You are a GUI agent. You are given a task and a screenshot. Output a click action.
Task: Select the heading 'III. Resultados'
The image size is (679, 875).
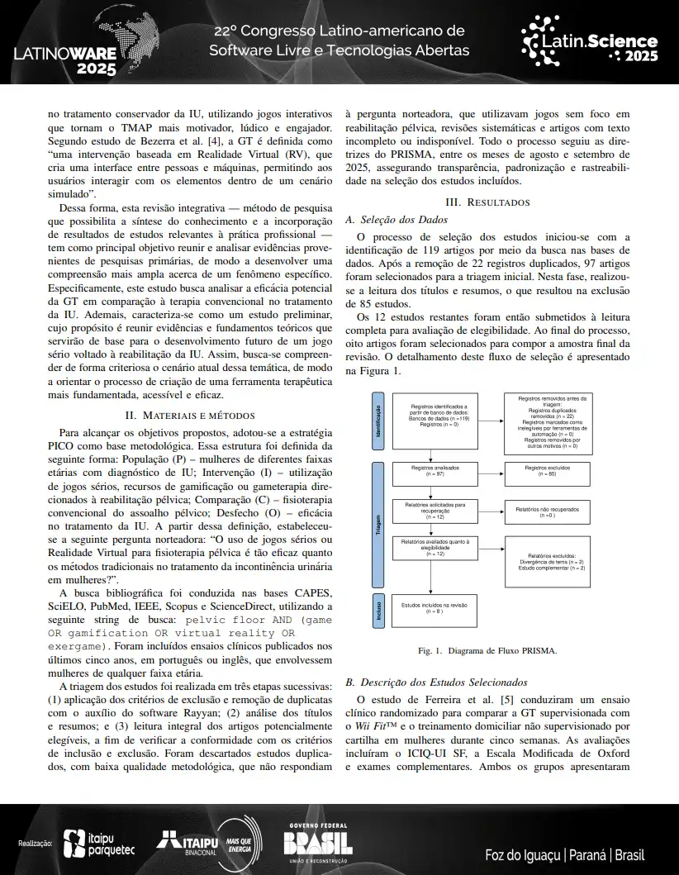(487, 202)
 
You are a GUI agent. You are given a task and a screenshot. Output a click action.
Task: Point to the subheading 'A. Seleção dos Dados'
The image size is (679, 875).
(396, 220)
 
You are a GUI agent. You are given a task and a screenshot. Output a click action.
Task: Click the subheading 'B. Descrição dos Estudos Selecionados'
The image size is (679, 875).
(436, 682)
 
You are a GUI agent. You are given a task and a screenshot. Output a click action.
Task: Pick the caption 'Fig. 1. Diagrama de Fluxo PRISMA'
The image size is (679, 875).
(487, 650)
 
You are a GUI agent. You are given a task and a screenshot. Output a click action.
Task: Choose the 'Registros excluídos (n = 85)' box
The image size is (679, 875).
(547, 472)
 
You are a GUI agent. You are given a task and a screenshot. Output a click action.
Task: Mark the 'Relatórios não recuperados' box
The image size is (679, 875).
(547, 512)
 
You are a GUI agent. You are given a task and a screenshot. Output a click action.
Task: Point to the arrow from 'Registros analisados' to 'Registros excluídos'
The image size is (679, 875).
(491, 472)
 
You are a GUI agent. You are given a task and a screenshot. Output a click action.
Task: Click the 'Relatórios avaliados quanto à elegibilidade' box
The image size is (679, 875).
(434, 549)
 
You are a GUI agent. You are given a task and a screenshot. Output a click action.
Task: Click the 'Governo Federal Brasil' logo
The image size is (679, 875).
(317, 843)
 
